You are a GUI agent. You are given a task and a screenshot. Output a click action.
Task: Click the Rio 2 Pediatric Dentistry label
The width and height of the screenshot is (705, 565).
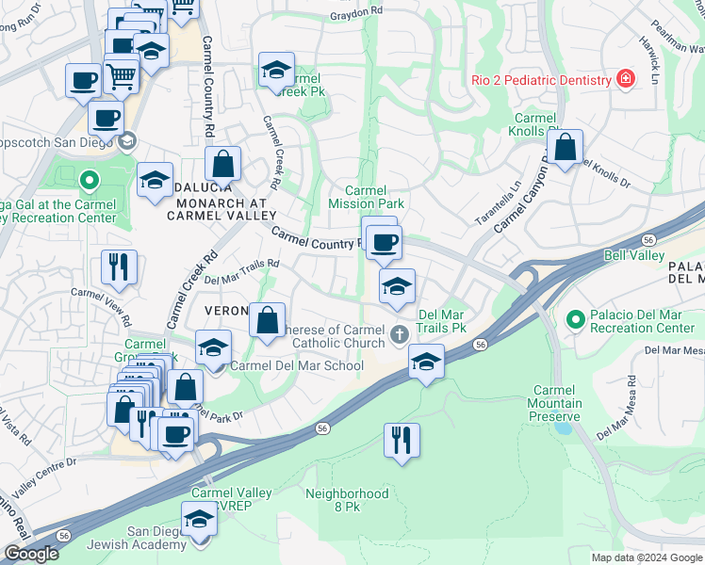[541, 80]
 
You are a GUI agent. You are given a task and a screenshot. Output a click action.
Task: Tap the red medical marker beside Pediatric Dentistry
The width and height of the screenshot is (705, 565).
[624, 79]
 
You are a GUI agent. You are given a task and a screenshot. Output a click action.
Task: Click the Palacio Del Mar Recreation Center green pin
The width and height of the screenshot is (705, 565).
[575, 320]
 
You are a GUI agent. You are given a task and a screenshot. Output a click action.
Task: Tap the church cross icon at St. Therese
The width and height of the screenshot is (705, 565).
[399, 332]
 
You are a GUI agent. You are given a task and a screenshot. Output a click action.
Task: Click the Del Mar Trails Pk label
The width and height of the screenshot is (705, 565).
[443, 321]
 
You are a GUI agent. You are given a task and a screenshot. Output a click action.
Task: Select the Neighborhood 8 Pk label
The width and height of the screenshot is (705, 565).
[346, 499]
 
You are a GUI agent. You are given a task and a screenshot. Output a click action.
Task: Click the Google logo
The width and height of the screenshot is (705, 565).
[31, 554]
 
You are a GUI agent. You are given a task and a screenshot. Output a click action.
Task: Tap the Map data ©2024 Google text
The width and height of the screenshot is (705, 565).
[646, 557]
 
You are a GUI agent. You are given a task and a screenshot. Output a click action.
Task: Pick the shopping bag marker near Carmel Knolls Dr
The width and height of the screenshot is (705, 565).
[565, 148]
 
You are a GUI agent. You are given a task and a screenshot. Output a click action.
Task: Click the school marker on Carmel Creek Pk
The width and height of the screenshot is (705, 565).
[275, 71]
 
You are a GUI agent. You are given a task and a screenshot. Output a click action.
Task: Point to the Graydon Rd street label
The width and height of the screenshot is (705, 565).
[356, 14]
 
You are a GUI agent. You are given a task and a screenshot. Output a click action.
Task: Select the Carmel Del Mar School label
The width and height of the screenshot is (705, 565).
[297, 365]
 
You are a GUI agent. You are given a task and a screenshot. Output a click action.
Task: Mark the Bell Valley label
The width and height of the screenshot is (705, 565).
[629, 255]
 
